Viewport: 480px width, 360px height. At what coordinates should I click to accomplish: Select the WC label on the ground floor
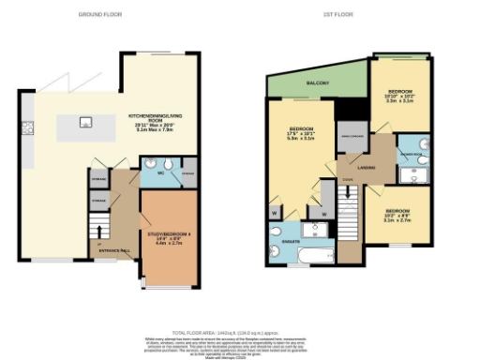tap(161, 172)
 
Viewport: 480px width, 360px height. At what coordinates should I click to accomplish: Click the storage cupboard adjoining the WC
tap(187, 173)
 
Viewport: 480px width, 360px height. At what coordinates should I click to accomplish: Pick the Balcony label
tap(318, 84)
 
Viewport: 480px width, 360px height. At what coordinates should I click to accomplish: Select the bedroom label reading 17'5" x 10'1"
tap(300, 132)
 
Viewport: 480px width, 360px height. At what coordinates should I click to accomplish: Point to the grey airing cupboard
tap(351, 136)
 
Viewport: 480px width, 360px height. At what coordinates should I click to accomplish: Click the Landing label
tap(367, 169)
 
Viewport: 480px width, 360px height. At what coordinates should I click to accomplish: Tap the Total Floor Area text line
tap(239, 333)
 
